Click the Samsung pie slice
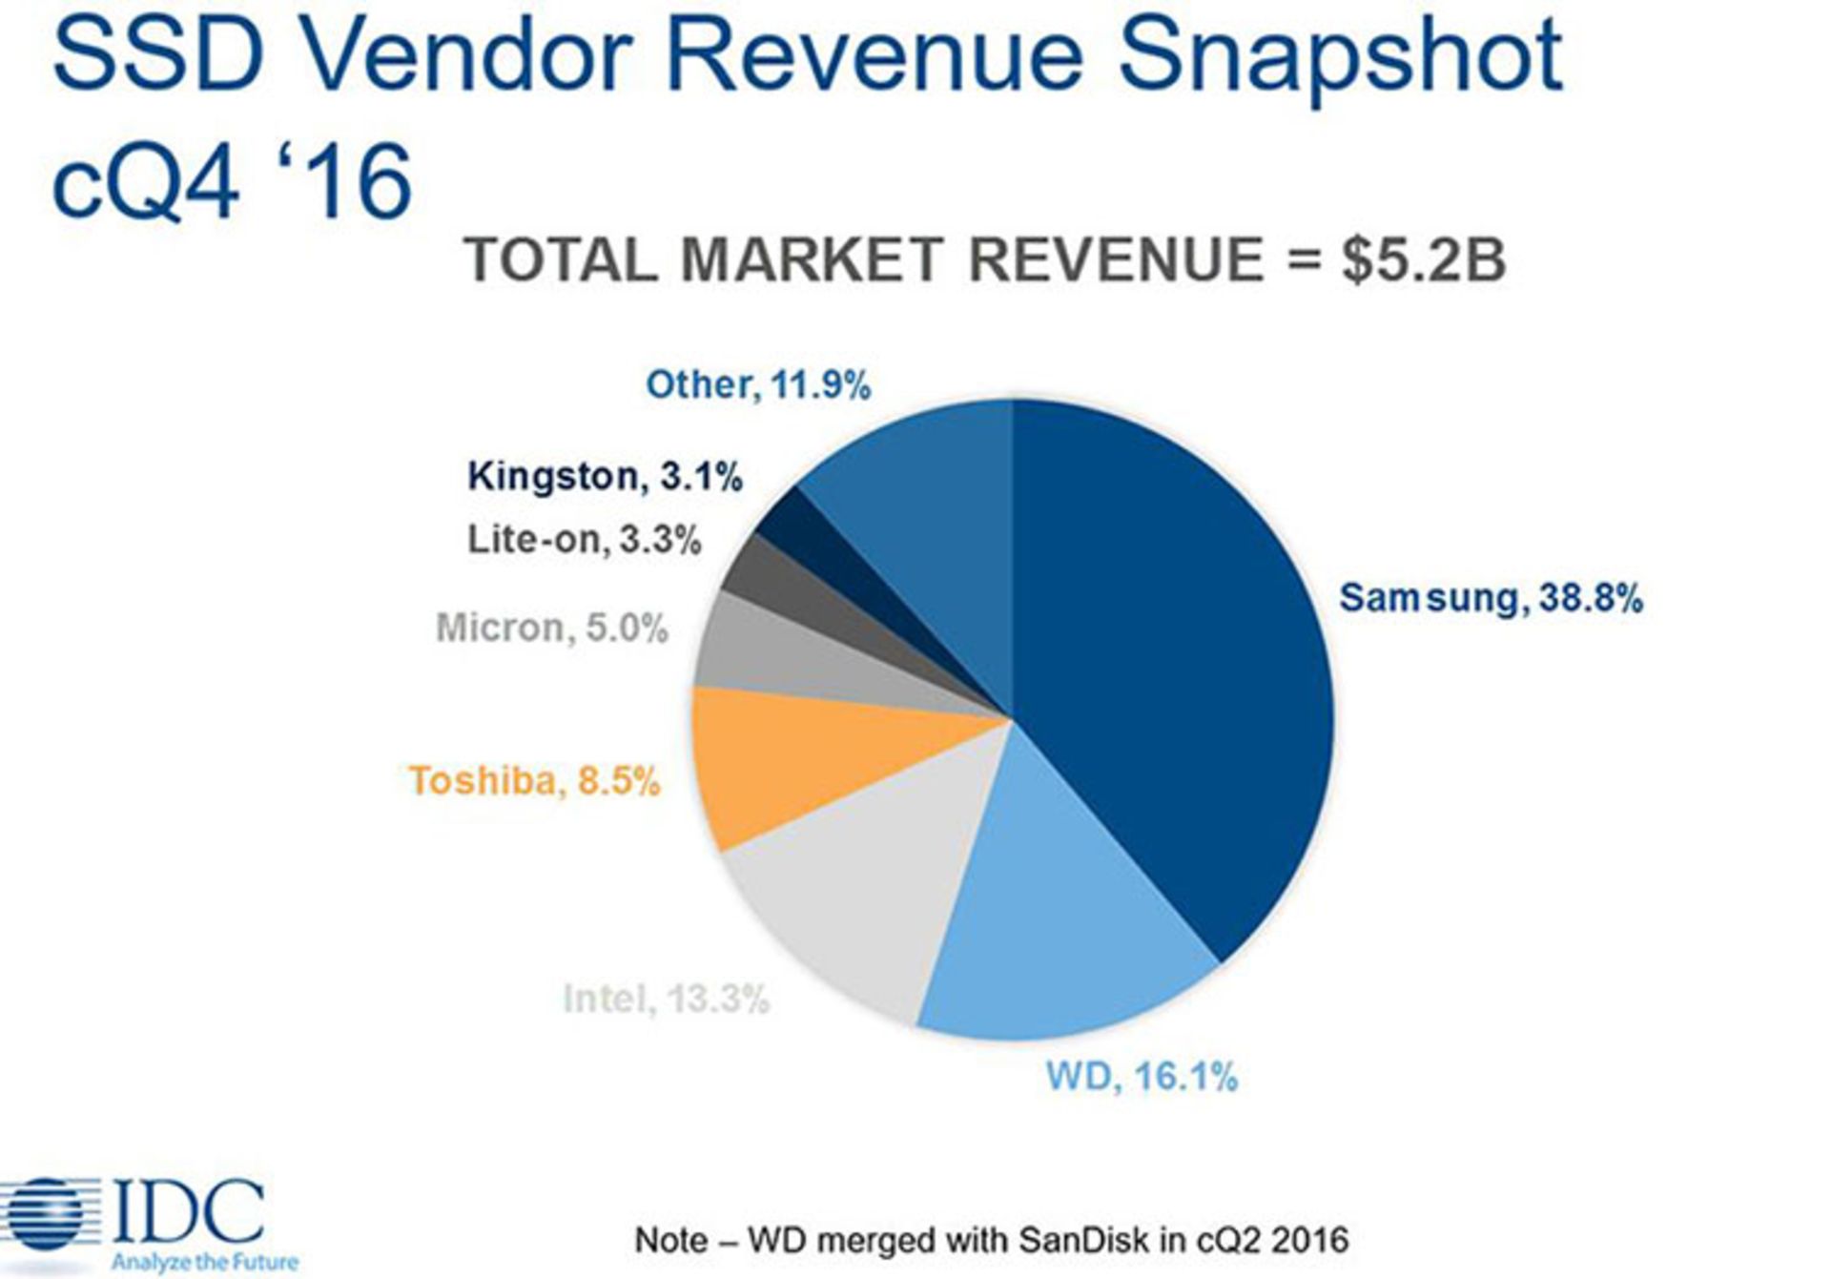[1183, 668]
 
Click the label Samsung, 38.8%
[1491, 598]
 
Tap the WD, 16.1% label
[1142, 1078]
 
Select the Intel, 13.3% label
[666, 1000]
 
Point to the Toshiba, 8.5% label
[534, 781]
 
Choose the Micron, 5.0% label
[551, 629]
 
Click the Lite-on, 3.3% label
[584, 540]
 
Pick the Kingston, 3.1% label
[605, 476]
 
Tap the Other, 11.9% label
[758, 385]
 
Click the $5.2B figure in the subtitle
[1423, 259]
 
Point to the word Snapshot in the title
[1340, 59]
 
